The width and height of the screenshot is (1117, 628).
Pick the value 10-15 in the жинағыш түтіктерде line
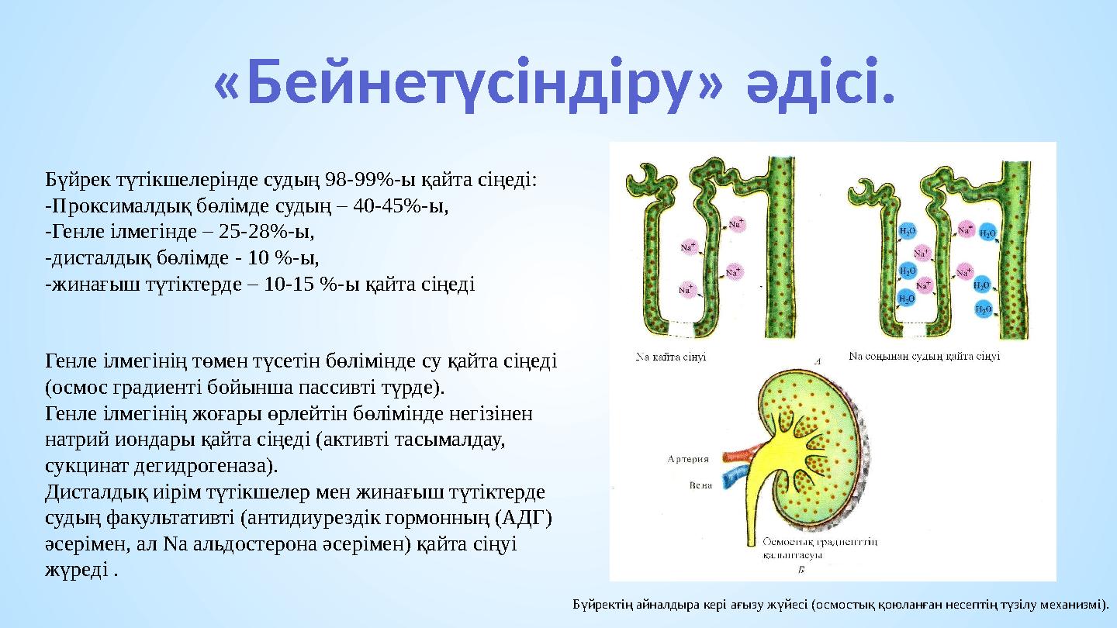click(293, 284)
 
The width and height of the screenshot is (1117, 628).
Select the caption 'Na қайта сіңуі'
click(671, 357)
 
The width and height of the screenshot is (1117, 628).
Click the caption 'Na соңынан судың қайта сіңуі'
click(924, 357)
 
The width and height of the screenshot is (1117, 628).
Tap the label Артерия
click(689, 459)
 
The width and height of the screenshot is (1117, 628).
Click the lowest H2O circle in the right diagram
click(983, 310)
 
